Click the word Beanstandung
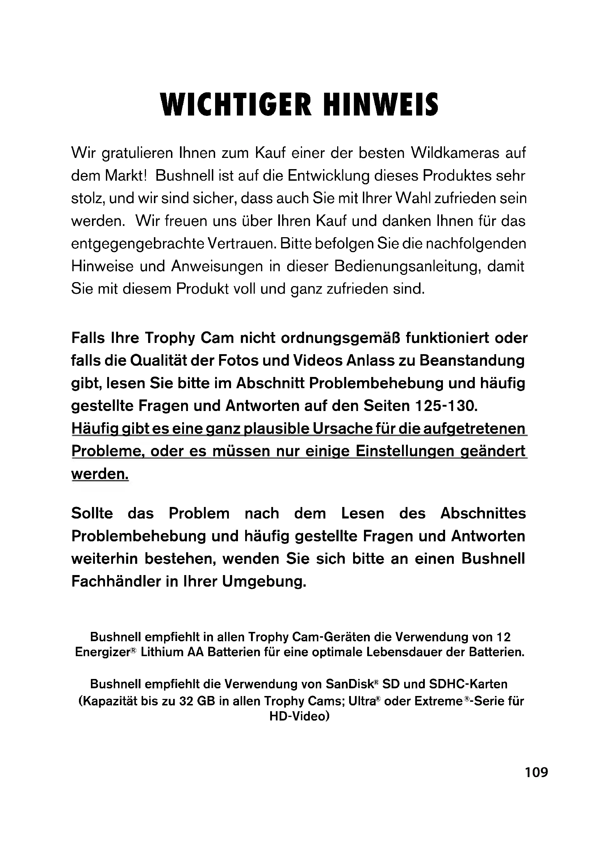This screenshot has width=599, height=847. (472, 360)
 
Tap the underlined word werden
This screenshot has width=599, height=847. (100, 474)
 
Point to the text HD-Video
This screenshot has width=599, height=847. (299, 716)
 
